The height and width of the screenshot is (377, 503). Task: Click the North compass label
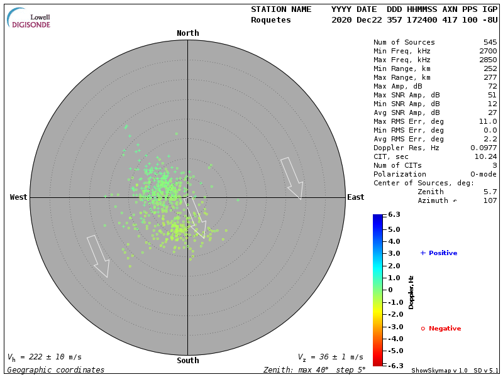pyautogui.click(x=187, y=33)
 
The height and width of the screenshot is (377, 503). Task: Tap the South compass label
pyautogui.click(x=187, y=361)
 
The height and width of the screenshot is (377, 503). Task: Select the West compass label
pyautogui.click(x=18, y=197)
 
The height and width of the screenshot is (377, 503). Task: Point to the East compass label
pyautogui.click(x=355, y=197)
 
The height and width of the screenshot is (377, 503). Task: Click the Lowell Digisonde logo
pyautogui.click(x=30, y=19)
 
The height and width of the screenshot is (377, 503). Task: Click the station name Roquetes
pyautogui.click(x=271, y=20)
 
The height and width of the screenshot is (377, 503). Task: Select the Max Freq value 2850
pyautogui.click(x=488, y=60)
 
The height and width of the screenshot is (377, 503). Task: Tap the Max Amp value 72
pyautogui.click(x=492, y=87)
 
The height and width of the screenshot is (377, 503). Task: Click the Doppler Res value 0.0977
pyautogui.click(x=484, y=148)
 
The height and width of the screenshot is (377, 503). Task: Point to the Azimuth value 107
pyautogui.click(x=490, y=200)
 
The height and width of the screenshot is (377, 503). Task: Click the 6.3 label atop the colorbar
pyautogui.click(x=394, y=215)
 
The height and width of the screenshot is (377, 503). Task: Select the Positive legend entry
pyautogui.click(x=439, y=253)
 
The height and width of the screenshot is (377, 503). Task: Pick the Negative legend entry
pyautogui.click(x=441, y=329)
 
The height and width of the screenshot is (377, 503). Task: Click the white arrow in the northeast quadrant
pyautogui.click(x=292, y=178)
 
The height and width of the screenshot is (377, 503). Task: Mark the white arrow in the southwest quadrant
pyautogui.click(x=98, y=256)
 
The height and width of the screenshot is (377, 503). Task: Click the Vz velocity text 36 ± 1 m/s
pyautogui.click(x=333, y=357)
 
